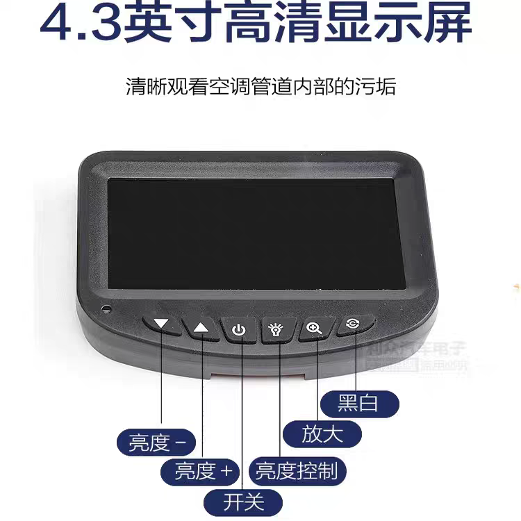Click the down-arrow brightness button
click(163, 324)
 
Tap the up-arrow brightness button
click(201, 327)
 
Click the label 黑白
click(359, 403)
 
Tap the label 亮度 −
click(157, 443)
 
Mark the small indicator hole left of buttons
click(106, 308)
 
